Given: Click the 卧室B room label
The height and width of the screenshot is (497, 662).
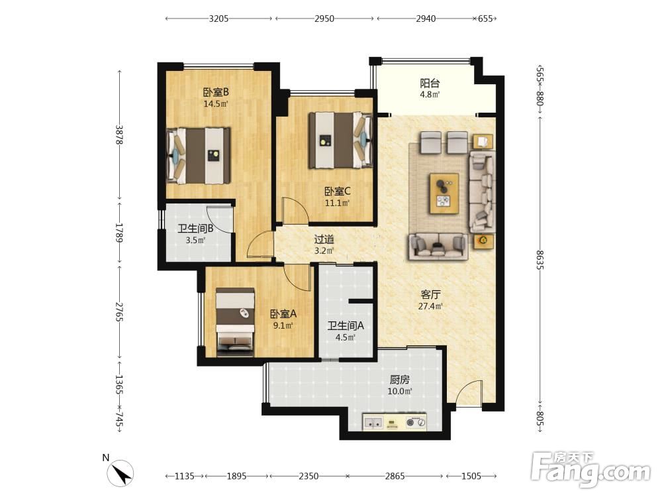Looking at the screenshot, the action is (x=216, y=91).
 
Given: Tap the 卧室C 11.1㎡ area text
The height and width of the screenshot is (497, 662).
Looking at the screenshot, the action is (x=337, y=203).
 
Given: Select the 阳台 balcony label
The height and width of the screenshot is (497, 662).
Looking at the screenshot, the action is (x=430, y=83).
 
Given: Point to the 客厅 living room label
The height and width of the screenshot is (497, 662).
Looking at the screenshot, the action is (x=430, y=294).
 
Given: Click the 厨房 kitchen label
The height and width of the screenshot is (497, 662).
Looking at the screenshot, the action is (x=399, y=380).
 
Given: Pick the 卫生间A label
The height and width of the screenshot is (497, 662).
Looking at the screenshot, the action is (x=346, y=325).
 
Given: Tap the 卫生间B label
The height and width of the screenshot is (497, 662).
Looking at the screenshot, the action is (x=195, y=229).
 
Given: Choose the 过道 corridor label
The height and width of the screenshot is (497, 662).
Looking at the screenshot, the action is (x=324, y=240).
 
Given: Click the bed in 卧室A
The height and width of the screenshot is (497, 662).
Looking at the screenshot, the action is (x=235, y=322).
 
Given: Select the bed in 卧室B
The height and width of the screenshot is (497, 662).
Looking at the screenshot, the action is (x=199, y=156).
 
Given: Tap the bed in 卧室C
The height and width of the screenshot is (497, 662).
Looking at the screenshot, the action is (x=340, y=140).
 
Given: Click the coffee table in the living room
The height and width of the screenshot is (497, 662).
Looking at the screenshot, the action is (x=444, y=193).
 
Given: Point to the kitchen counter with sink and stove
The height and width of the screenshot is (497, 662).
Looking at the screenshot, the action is (x=395, y=421).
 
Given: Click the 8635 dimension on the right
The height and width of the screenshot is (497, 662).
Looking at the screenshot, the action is (x=540, y=260).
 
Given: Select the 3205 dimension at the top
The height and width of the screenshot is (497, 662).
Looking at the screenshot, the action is (x=218, y=19).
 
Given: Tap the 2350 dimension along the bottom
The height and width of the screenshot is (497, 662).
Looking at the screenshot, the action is (x=308, y=476).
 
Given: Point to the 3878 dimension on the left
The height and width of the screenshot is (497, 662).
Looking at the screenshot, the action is (x=119, y=135).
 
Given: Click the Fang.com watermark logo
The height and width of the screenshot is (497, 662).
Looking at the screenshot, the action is (x=591, y=469).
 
